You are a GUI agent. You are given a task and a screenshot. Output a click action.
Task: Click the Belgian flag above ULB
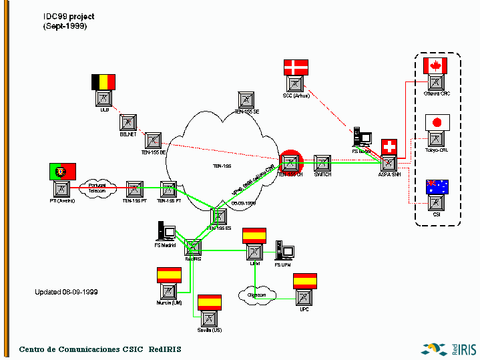[x=103, y=81]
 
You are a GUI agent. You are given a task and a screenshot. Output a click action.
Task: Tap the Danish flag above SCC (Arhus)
[x=296, y=67]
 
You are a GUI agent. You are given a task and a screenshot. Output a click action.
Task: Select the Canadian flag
[x=435, y=65]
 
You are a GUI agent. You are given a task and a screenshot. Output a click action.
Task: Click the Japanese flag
[x=437, y=122]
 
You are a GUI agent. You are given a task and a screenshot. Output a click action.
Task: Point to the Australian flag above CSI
[x=437, y=186]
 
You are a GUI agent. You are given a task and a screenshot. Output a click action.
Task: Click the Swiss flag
[x=389, y=147]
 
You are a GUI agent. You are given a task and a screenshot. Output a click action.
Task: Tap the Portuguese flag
[x=62, y=171]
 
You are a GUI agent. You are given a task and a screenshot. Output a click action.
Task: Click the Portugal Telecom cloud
[x=97, y=188]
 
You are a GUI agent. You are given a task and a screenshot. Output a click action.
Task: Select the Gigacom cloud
[x=256, y=294]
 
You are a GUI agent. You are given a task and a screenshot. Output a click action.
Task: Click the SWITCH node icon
[x=322, y=164]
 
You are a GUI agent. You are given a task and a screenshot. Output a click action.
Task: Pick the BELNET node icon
[x=128, y=122]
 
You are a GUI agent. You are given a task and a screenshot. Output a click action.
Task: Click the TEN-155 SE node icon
[x=246, y=100]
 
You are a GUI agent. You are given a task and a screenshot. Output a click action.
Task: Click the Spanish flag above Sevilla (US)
[x=210, y=302]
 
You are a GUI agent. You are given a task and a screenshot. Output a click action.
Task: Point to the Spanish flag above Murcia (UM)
[x=169, y=274]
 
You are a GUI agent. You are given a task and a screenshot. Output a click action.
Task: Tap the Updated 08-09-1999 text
[x=67, y=292]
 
